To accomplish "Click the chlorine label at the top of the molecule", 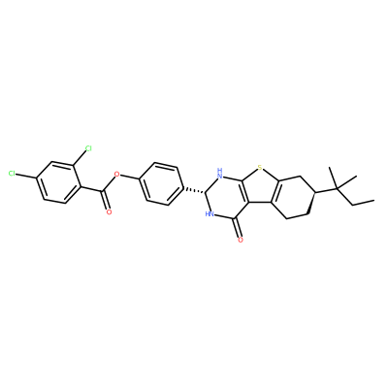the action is pos(88,148).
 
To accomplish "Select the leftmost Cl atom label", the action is pos(12,174).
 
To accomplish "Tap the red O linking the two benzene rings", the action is pos(117,176).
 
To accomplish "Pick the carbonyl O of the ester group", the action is pos(109,212).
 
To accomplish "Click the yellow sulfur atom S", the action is pos(260,168).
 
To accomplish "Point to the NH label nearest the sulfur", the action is pos(220,172).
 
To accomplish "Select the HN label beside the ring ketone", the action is pos(210,213).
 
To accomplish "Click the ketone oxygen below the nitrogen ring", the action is pos(240,240).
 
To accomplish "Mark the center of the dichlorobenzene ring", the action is pos(58,182).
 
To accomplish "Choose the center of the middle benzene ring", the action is pos(161,183).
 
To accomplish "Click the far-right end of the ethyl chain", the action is pos(374,201).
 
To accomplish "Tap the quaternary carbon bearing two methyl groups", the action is pos(337,188).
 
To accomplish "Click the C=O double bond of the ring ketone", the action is pos(239,228).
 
